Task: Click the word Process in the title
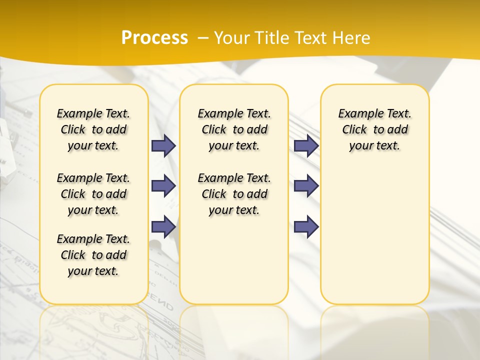154,37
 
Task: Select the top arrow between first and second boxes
163,145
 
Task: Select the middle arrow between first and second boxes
163,186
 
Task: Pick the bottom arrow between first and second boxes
163,227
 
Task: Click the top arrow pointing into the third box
306,145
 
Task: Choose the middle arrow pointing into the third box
306,186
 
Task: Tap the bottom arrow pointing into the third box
306,227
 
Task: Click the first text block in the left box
93,129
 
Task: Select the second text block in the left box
93,194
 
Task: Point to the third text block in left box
93,255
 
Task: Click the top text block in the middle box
234,129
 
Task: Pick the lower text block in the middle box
234,194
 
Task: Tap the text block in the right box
374,129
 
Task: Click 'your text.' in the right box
374,146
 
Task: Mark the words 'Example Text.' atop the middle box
234,113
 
